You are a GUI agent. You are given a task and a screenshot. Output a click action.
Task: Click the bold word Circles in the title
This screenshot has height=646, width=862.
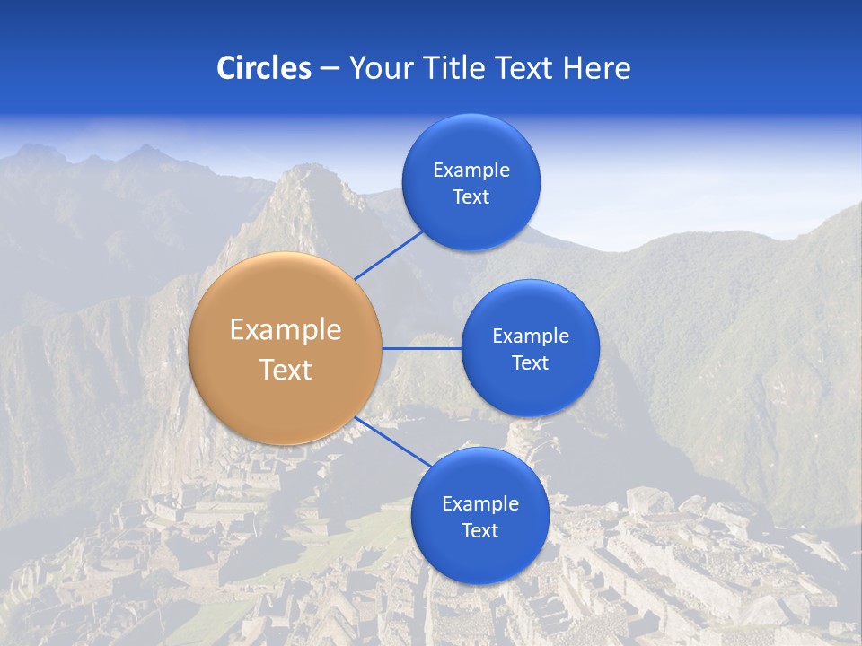click(x=264, y=68)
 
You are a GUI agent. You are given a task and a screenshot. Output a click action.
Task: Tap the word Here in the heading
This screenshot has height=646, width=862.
click(x=596, y=68)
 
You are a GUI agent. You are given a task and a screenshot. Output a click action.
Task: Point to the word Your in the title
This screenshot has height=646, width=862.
click(x=378, y=68)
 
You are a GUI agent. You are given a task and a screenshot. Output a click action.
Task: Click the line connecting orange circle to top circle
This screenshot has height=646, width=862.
click(x=388, y=255)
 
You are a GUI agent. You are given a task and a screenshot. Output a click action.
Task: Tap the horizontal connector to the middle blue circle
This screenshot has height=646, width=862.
click(x=421, y=348)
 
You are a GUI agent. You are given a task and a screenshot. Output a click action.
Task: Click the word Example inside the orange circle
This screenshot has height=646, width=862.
click(x=286, y=330)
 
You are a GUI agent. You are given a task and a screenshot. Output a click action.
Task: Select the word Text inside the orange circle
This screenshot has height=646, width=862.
click(x=286, y=370)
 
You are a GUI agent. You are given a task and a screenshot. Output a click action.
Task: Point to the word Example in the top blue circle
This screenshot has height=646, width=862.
click(x=471, y=170)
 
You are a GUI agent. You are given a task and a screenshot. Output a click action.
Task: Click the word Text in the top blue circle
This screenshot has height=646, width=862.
click(x=471, y=197)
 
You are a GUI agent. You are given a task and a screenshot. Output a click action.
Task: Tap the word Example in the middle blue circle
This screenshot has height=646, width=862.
click(x=530, y=336)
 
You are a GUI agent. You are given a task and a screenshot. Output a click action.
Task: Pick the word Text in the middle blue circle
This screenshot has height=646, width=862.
click(x=530, y=363)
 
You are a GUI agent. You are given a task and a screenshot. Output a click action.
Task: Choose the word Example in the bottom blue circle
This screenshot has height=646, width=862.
click(x=479, y=504)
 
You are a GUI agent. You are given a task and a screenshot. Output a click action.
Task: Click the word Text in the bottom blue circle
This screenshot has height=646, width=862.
click(x=479, y=531)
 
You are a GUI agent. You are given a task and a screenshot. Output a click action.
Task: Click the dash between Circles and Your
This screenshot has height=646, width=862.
click(x=330, y=69)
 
